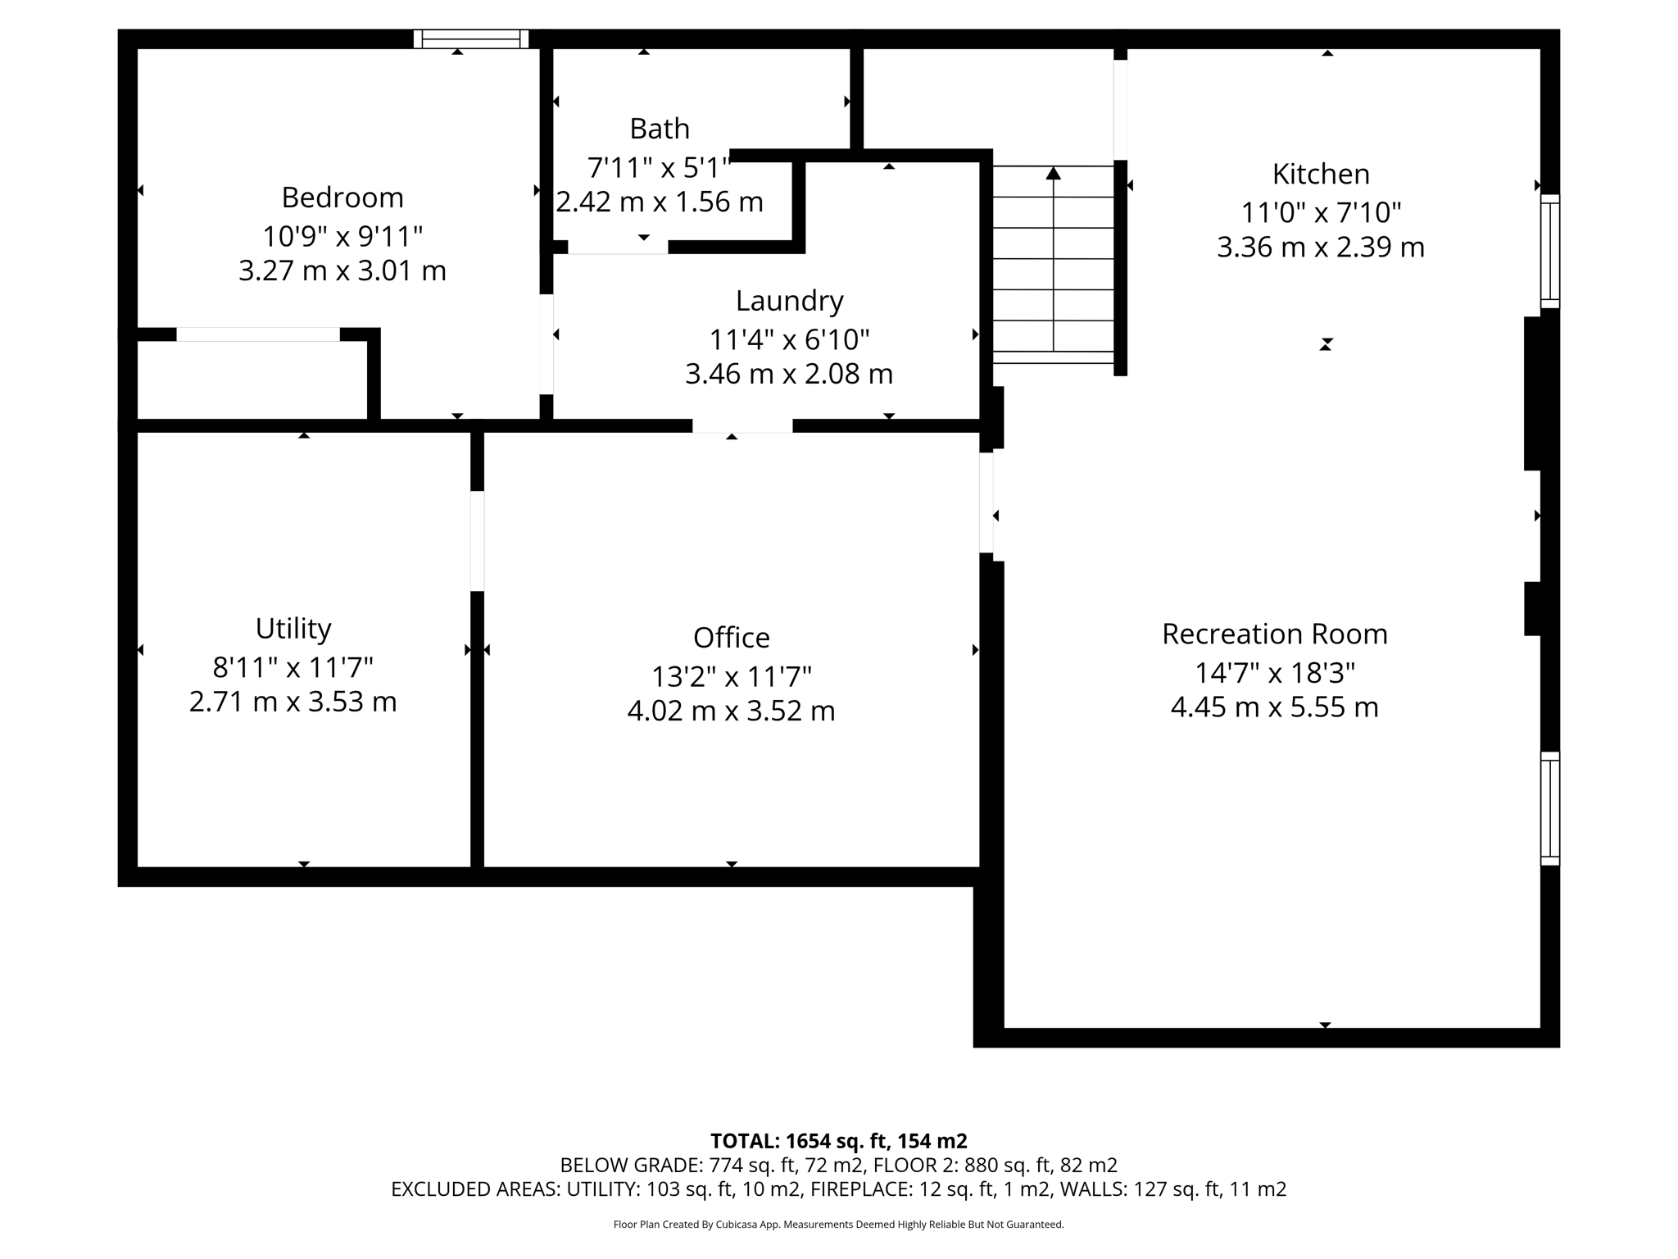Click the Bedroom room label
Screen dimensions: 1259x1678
[342, 198]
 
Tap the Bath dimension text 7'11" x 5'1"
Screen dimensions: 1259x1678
[658, 168]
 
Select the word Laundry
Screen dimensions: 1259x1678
[789, 301]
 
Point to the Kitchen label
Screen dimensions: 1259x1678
[1320, 174]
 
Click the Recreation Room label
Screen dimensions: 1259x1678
[1274, 634]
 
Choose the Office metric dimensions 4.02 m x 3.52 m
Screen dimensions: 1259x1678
[731, 711]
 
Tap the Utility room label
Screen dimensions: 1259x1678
[293, 629]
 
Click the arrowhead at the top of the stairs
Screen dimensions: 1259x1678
[1053, 173]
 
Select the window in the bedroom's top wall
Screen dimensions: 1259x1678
[471, 39]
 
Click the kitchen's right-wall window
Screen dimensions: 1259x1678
[1549, 251]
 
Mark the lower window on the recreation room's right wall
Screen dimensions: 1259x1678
[1549, 808]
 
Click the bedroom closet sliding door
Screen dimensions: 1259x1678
[258, 334]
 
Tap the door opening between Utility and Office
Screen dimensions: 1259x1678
[477, 541]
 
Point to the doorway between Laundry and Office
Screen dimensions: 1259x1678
[742, 425]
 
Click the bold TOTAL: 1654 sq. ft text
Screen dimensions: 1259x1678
[838, 1141]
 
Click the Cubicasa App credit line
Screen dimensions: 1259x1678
[838, 1225]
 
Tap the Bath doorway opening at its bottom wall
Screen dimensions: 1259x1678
[618, 248]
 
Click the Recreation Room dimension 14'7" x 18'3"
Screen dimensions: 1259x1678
[1274, 673]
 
